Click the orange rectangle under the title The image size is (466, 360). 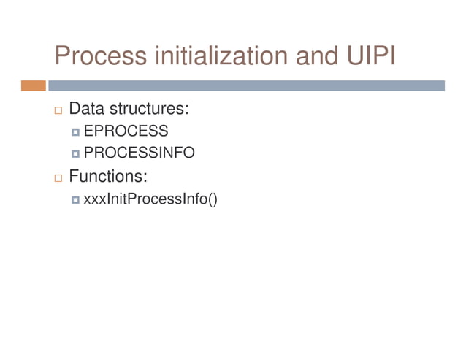point(33,85)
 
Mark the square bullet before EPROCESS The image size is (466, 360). point(75,132)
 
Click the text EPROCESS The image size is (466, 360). point(126,131)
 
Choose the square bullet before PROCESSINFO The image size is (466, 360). point(75,154)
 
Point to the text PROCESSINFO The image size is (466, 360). point(139,153)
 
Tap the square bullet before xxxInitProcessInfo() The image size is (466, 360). point(75,199)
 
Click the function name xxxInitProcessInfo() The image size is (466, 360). point(150,198)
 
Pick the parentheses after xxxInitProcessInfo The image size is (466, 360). point(213,198)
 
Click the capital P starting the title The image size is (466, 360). point(64,56)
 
